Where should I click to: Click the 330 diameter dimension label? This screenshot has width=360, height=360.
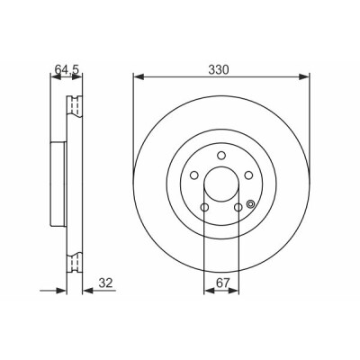(x=219, y=70)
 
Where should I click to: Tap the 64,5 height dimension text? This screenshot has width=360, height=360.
(x=67, y=70)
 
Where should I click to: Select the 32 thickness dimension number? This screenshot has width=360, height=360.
(x=105, y=283)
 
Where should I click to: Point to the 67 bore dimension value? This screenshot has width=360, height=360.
(x=222, y=283)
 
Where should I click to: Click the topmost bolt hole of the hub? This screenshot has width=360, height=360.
(x=221, y=156)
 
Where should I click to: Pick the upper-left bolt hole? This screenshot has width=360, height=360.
(x=194, y=175)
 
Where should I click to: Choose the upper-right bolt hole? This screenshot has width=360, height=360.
(x=248, y=175)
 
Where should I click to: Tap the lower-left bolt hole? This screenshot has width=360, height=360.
(x=204, y=207)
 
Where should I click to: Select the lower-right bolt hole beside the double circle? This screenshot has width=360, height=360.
(x=238, y=207)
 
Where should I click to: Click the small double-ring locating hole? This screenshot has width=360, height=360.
(x=250, y=204)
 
